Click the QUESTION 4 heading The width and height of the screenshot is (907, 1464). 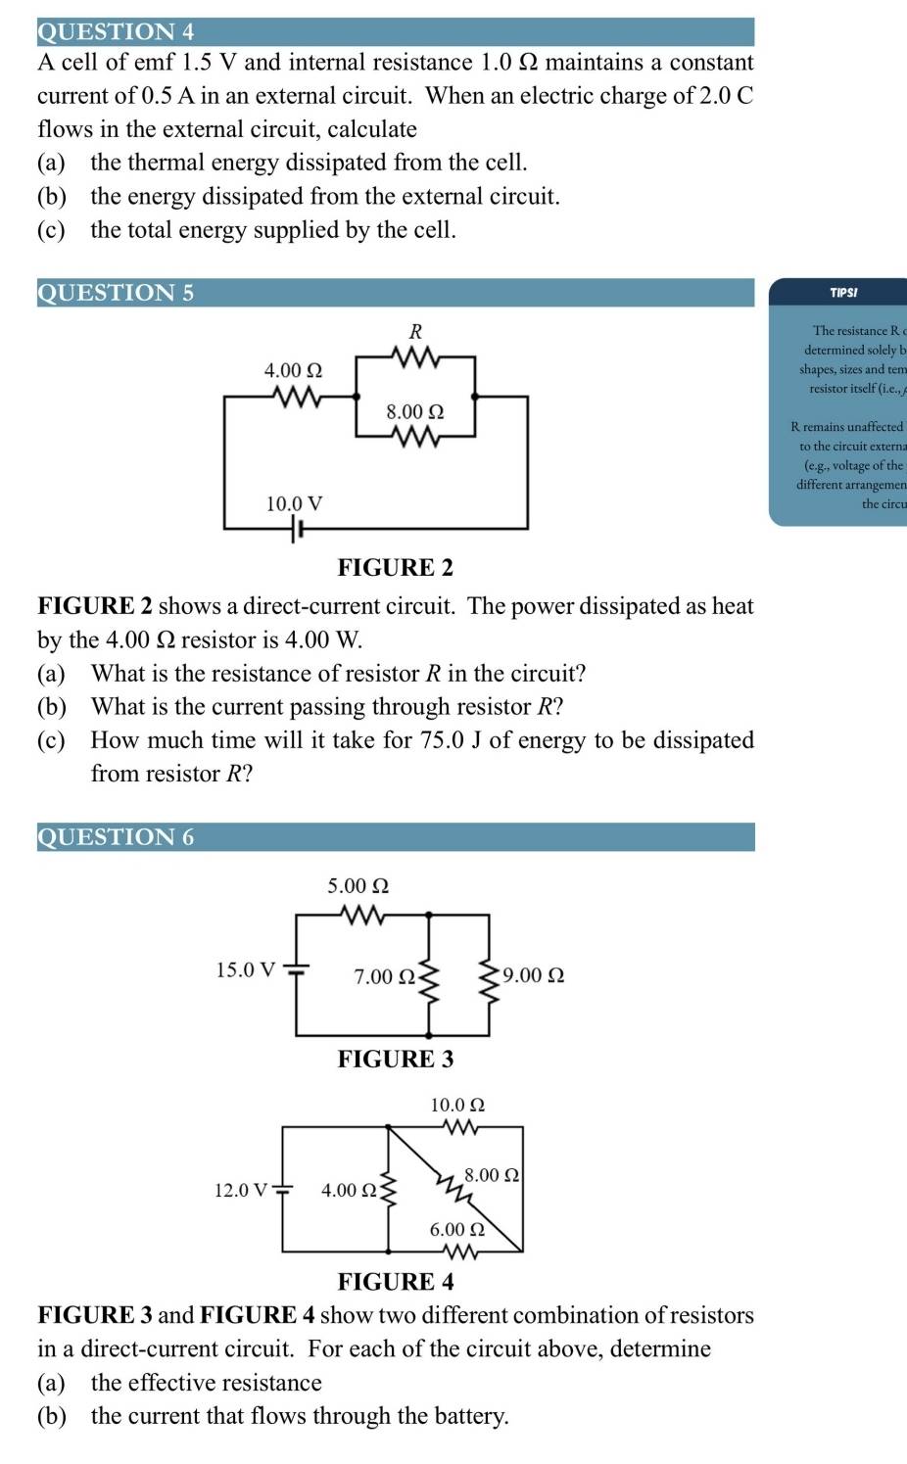[x=116, y=31]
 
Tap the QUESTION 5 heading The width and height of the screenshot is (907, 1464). [x=116, y=292]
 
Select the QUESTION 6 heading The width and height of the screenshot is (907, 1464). [x=116, y=836]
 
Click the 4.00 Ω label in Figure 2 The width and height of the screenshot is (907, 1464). [x=293, y=370]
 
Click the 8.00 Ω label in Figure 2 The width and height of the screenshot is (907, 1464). [x=414, y=412]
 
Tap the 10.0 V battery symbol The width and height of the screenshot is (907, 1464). [x=297, y=530]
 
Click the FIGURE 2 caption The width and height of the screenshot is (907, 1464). [x=395, y=568]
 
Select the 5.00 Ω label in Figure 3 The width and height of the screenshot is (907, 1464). [x=358, y=885]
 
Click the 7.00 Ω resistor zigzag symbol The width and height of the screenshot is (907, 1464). [x=428, y=976]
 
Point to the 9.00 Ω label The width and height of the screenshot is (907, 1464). [x=533, y=975]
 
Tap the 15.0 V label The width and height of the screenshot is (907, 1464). [x=246, y=969]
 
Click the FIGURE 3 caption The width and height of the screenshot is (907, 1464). [x=395, y=1059]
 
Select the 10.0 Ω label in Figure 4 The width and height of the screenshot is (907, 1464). [x=457, y=1105]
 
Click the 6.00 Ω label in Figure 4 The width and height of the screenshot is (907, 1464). [x=457, y=1229]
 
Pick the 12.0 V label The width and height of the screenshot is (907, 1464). [x=241, y=1190]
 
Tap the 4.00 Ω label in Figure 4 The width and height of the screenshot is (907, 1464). [x=349, y=1190]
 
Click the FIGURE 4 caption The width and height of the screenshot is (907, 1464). [x=395, y=1282]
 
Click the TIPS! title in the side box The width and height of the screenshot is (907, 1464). [x=843, y=292]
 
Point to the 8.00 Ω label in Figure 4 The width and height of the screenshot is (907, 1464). [x=491, y=1174]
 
